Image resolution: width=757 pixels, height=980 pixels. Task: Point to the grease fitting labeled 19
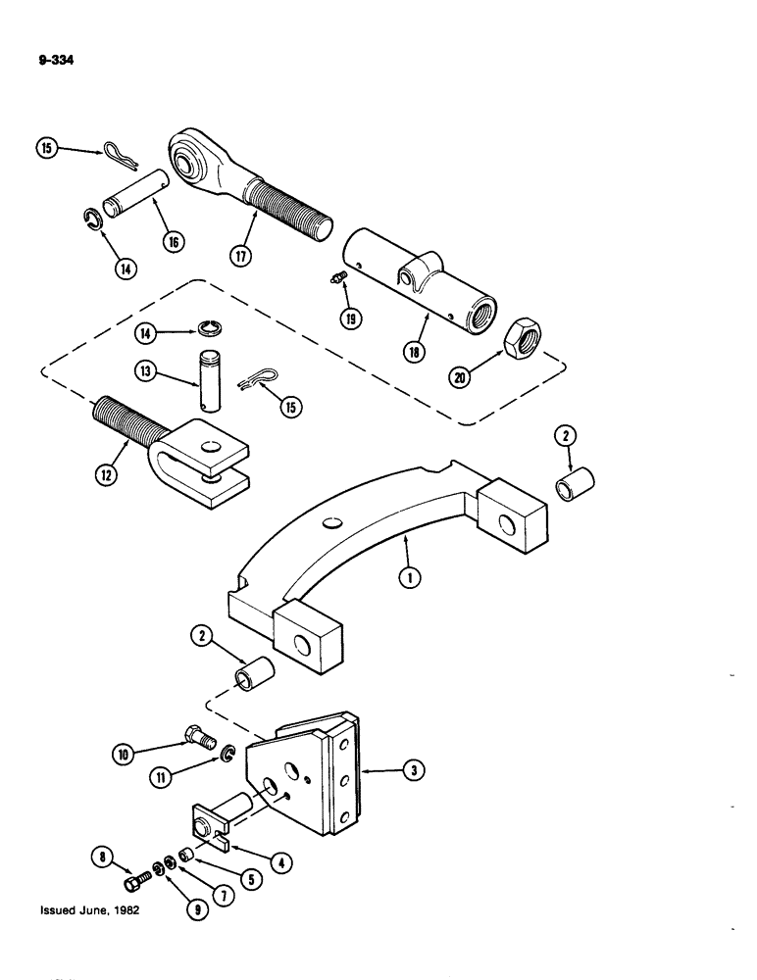337,280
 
